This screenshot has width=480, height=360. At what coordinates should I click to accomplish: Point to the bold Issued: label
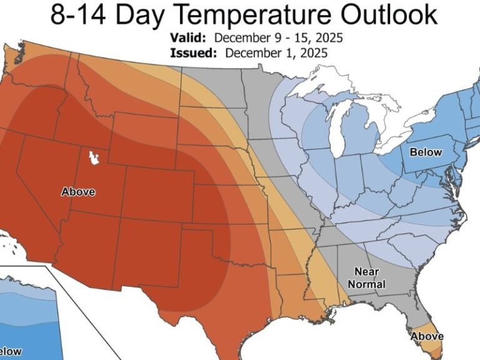click(x=193, y=52)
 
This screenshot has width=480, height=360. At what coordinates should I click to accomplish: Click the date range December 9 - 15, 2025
click(x=284, y=39)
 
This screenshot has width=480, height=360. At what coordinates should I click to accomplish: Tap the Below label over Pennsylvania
click(x=425, y=152)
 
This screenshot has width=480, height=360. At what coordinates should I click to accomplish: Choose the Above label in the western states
click(x=78, y=192)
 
